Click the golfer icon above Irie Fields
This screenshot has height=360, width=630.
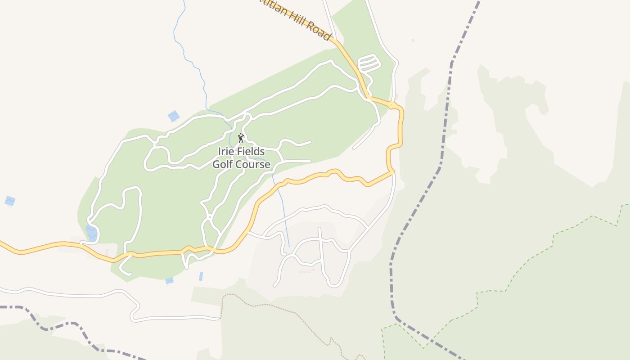(241, 138)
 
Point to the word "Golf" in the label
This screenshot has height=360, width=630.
(222, 164)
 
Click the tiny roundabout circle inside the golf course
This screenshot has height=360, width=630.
(210, 217)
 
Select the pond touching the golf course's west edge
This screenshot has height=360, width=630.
(92, 233)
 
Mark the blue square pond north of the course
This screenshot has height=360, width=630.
(174, 116)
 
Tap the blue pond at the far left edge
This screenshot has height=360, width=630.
(10, 201)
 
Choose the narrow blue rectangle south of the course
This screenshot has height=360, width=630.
(201, 276)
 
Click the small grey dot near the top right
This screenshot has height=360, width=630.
(413, 41)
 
